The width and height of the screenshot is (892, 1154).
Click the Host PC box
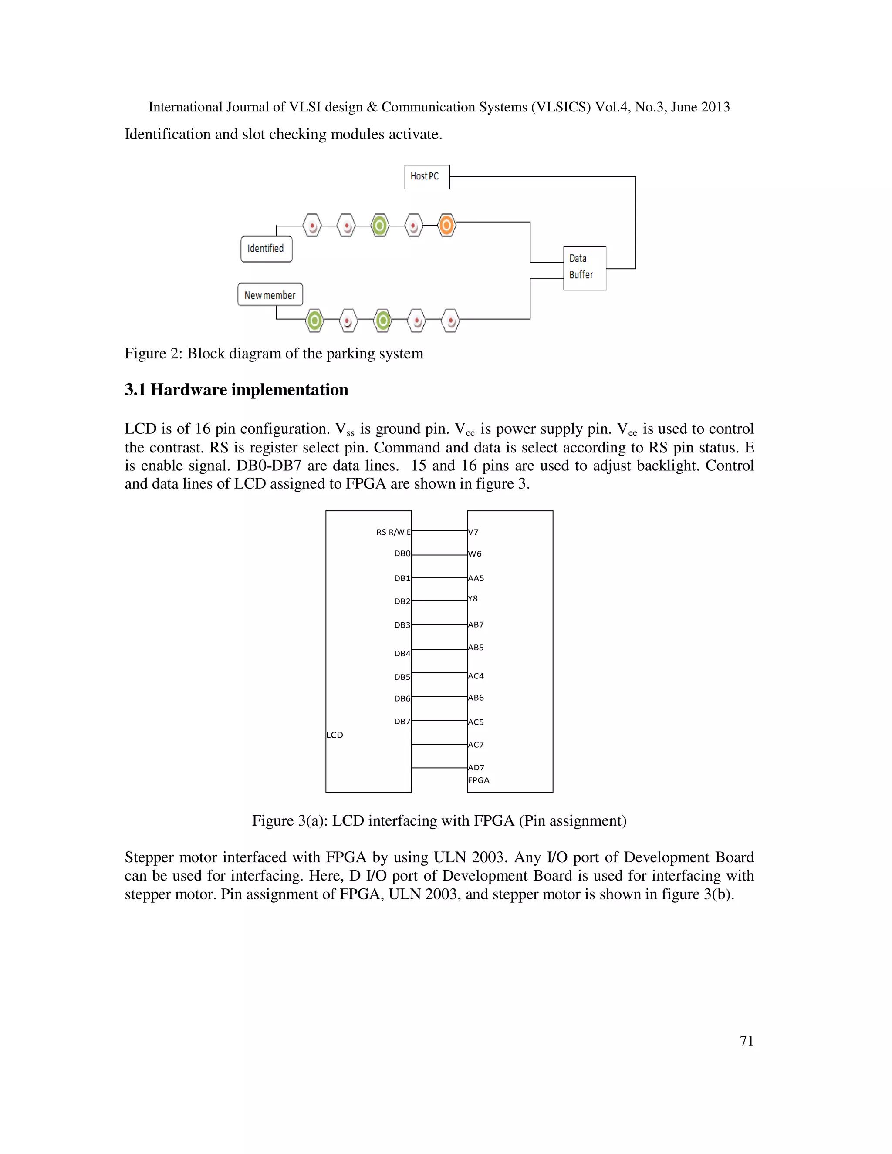[x=426, y=176]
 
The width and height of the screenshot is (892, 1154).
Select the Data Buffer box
[x=584, y=268]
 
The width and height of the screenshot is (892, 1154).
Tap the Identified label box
[x=266, y=248]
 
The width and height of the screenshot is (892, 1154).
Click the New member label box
[x=270, y=295]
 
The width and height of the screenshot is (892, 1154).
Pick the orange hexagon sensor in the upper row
[x=446, y=226]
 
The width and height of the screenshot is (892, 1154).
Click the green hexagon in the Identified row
[x=379, y=226]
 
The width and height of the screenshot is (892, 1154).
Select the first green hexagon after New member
[x=314, y=320]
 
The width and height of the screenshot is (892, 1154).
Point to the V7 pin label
[x=473, y=532]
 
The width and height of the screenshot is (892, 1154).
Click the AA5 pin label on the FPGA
[x=476, y=578]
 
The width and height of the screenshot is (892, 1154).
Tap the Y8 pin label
[x=473, y=599]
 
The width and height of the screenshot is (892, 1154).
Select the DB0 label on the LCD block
[x=402, y=553]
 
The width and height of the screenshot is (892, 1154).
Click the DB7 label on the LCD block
[x=402, y=721]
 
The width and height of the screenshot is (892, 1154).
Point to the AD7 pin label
[x=476, y=767]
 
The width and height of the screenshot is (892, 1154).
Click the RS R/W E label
[x=393, y=532]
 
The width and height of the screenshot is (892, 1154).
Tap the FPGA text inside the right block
[x=479, y=780]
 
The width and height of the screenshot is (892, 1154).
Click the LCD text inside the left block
[x=334, y=735]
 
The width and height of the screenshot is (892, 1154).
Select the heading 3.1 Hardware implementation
[x=236, y=389]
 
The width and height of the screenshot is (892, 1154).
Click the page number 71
[x=746, y=1040]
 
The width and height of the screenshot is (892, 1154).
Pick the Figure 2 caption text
[x=274, y=354]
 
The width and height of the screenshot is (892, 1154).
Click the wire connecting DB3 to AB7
[x=439, y=624]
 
